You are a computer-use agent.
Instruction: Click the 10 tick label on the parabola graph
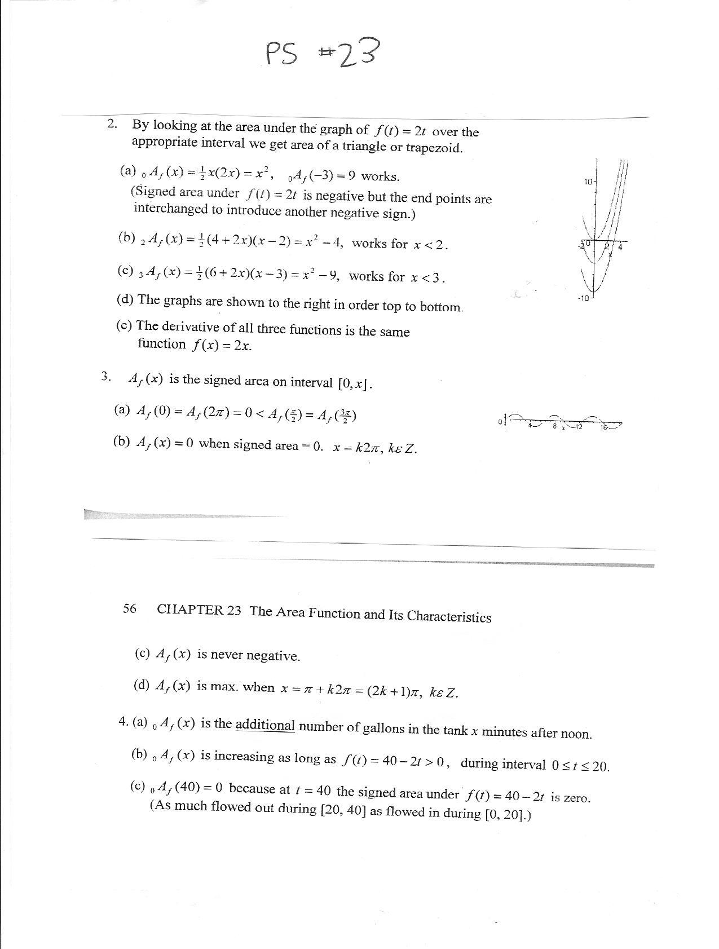[x=588, y=182]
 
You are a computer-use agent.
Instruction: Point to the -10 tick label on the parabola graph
[x=583, y=297]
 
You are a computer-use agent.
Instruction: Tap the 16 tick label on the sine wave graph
[x=604, y=427]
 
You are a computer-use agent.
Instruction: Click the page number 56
[x=130, y=608]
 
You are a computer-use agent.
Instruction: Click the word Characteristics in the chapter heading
[x=449, y=616]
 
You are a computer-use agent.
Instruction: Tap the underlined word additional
[x=265, y=725]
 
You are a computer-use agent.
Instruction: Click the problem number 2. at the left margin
[x=112, y=124]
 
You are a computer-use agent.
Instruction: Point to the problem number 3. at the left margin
[x=106, y=377]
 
